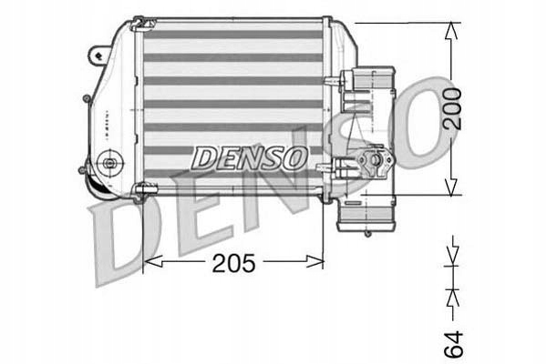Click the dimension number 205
tap(234, 264)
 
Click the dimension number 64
tap(453, 343)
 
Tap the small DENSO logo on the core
tap(249, 157)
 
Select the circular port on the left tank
tap(110, 164)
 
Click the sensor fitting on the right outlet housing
tap(373, 165)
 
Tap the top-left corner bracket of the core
tap(139, 22)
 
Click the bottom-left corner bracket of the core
tap(139, 190)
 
